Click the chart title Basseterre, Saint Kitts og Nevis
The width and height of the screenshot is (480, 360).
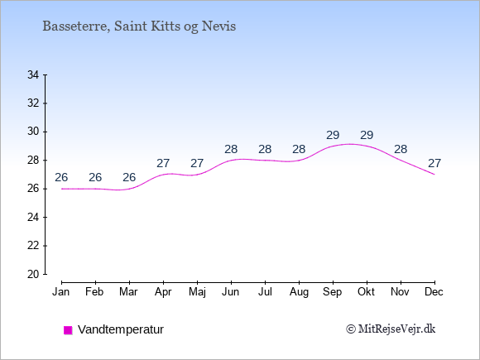pos(139,26)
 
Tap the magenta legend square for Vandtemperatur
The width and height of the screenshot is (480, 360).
pos(68,330)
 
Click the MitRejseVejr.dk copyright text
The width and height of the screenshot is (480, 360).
pos(391,329)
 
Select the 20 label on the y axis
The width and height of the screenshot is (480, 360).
pos(33,274)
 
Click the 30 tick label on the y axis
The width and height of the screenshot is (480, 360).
pos(33,132)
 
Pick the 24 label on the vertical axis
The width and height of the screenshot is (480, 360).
pos(33,218)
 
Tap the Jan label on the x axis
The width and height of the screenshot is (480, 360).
pos(61,292)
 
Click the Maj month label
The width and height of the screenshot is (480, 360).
pos(197,292)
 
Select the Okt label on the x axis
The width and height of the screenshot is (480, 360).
pos(366,292)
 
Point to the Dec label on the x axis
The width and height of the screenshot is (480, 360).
pos(434,292)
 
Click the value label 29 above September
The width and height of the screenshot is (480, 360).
pos(333,135)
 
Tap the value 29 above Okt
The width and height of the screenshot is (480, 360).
pos(367,135)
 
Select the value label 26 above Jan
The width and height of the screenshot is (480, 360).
pos(61,177)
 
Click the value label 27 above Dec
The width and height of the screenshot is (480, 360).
pos(434,163)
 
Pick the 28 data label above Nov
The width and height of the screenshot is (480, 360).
pos(401,149)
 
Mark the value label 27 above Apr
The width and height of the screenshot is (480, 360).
pos(163,163)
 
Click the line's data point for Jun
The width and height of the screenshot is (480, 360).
pos(231,160)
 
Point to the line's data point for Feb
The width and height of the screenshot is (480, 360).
pos(95,189)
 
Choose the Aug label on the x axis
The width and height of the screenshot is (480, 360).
pos(299,292)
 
